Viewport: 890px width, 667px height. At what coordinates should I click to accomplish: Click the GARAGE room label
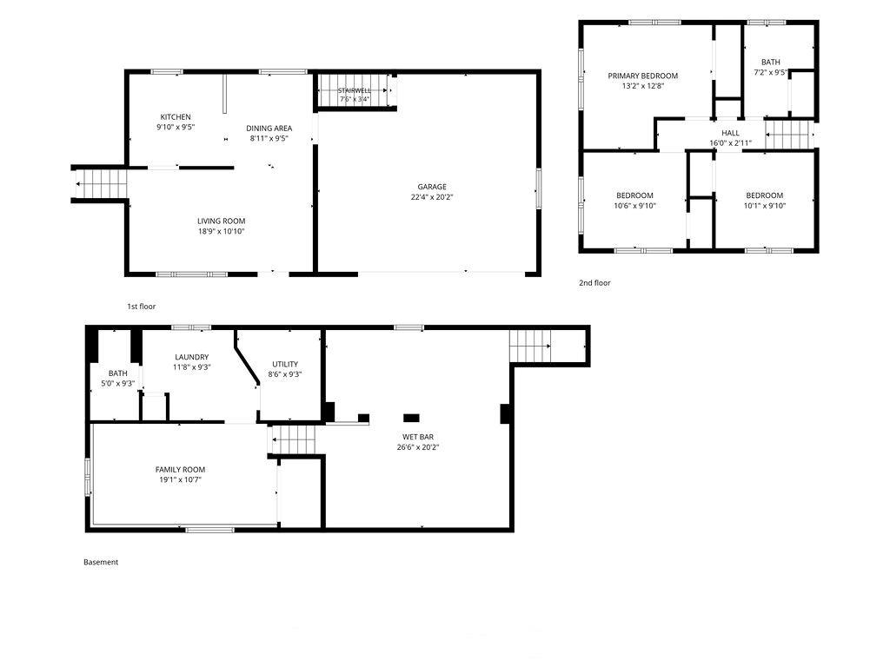point(432,187)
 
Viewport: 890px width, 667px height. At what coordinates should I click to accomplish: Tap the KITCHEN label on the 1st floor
point(176,117)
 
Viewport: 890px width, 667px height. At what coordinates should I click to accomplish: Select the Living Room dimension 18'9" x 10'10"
point(221,231)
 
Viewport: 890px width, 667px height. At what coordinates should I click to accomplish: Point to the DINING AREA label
point(269,129)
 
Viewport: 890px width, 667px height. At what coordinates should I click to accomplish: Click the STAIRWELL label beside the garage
point(355,90)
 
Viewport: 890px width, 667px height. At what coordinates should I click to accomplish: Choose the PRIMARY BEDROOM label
point(643,76)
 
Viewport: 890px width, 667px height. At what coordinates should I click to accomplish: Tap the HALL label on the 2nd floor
point(730,133)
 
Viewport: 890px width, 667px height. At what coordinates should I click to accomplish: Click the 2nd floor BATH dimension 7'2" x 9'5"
point(770,73)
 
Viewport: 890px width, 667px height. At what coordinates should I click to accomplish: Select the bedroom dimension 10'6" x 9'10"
point(634,206)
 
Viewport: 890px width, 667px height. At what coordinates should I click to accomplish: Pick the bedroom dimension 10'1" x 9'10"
point(765,206)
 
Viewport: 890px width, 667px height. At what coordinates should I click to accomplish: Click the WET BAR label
point(418,437)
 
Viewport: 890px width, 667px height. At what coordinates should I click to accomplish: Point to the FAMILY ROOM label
point(181,470)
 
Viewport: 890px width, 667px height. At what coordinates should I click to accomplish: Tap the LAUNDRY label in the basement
point(192,357)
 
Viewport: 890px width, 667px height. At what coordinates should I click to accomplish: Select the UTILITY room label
point(285,364)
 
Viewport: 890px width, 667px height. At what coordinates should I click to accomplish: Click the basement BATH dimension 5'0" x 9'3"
point(117,384)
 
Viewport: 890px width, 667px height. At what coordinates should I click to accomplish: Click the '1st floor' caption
point(141,307)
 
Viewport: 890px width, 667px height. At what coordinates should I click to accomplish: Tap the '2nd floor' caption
point(594,283)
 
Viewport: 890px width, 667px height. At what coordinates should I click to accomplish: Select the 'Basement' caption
point(101,563)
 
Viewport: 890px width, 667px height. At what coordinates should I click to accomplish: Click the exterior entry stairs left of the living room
point(100,184)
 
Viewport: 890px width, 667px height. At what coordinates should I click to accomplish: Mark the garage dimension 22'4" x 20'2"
point(432,197)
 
